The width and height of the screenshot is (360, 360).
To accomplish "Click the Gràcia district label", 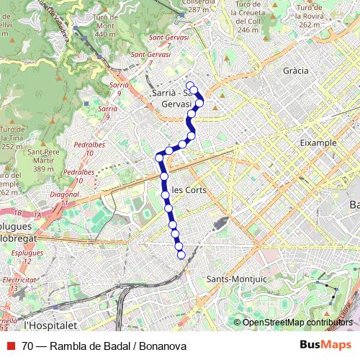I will pos(295,71).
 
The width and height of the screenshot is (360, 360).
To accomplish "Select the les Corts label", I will pos(189,190).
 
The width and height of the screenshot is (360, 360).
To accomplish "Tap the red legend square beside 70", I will pos(10,346).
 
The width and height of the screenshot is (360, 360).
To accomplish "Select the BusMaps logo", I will pos(326,346).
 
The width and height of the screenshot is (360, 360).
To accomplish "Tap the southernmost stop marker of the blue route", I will pos(181,253).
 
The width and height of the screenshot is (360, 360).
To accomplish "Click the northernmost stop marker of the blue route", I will pos(190,85).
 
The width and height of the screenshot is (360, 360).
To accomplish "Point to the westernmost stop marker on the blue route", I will pos(159,156).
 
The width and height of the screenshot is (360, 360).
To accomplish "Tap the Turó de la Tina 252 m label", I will pos(12,138).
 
